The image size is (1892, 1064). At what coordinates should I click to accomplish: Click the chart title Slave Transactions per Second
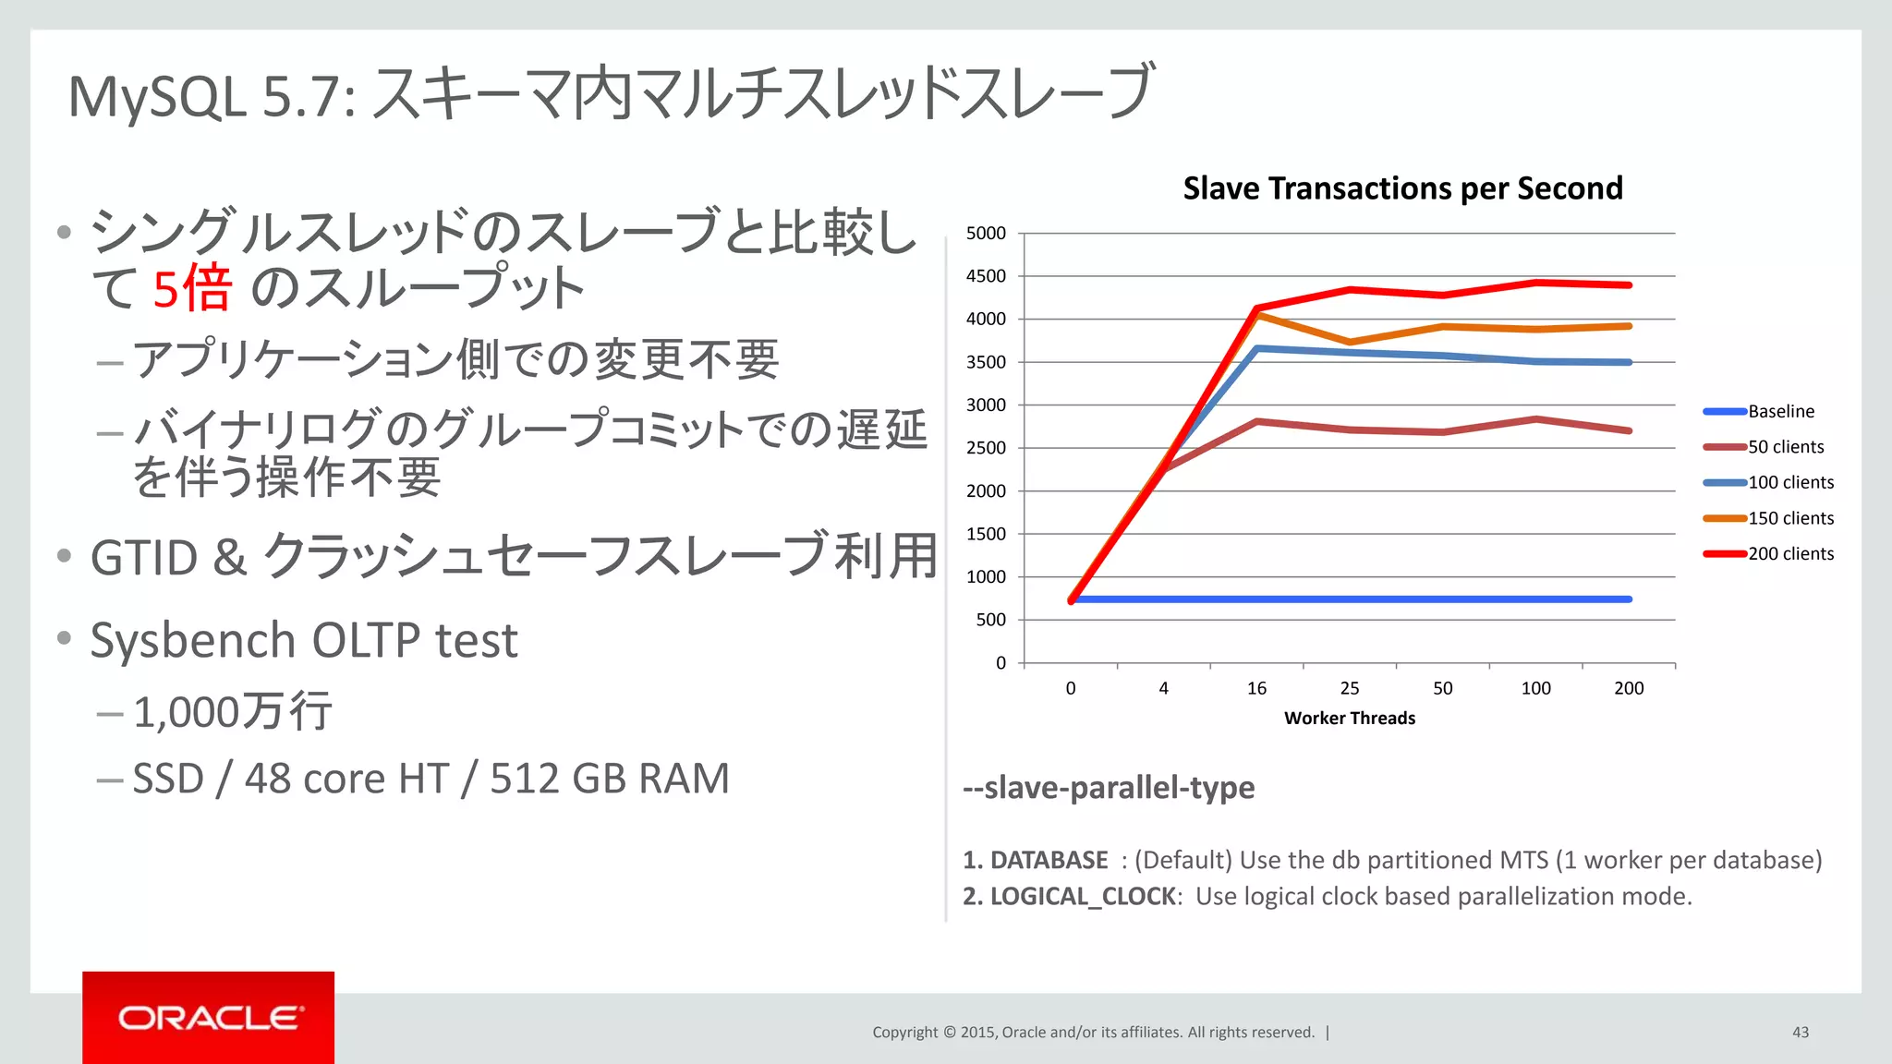1402,188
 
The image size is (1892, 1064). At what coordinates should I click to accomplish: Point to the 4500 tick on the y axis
986,276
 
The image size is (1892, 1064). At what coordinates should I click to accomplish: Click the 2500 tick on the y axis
986,448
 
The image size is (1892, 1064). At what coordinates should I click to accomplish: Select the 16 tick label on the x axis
1256,688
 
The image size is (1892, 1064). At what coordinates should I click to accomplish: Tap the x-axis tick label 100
1535,688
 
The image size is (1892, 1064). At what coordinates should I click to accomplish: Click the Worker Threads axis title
1349,719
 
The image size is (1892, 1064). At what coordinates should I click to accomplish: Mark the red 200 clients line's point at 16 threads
1257,308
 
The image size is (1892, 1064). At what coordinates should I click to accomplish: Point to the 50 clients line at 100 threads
1535,419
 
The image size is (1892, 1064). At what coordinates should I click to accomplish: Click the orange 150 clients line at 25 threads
1350,343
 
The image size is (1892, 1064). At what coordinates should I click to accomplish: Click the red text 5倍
191,288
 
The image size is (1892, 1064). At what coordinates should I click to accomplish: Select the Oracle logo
209,1018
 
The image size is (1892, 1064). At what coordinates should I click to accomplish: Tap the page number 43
1800,1033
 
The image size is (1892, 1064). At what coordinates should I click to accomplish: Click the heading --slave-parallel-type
1109,788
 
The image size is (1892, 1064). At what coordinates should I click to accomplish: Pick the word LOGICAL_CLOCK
1083,897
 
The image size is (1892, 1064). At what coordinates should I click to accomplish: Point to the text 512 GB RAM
610,779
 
